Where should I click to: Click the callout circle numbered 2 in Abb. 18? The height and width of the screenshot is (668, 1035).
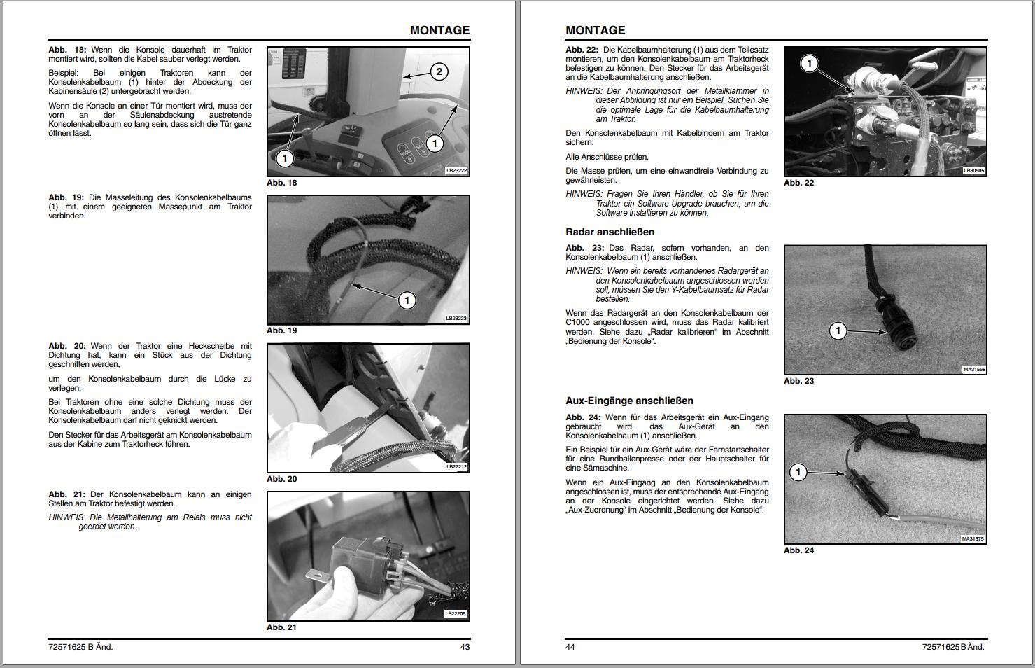pos(439,71)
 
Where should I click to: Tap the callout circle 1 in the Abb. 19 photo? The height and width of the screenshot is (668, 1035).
pos(407,300)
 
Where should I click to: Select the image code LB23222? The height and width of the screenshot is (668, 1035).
pos(456,170)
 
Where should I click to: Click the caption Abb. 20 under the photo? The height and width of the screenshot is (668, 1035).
pos(281,479)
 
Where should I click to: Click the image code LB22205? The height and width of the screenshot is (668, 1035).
pos(456,613)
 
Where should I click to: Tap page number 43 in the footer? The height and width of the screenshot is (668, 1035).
pos(465,647)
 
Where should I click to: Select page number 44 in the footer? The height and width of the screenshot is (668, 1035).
pos(570,647)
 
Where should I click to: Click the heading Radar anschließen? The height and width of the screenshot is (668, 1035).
pos(610,232)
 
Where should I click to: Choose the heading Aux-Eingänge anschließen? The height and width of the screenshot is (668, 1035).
pos(629,401)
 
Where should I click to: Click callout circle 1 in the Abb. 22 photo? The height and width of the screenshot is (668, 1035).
pos(809,64)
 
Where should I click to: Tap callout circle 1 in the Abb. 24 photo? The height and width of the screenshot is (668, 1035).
pos(798,472)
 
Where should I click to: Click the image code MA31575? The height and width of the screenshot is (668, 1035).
pos(973,539)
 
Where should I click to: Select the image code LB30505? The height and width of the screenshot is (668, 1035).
pos(973,170)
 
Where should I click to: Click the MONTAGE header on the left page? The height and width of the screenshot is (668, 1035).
pos(439,30)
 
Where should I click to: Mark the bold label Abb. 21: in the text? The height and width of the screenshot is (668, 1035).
pos(67,494)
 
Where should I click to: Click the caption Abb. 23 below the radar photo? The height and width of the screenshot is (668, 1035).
pos(798,381)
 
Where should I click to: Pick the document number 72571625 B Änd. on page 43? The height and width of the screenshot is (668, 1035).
pos(80,647)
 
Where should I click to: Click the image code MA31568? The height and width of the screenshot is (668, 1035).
pos(973,369)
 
